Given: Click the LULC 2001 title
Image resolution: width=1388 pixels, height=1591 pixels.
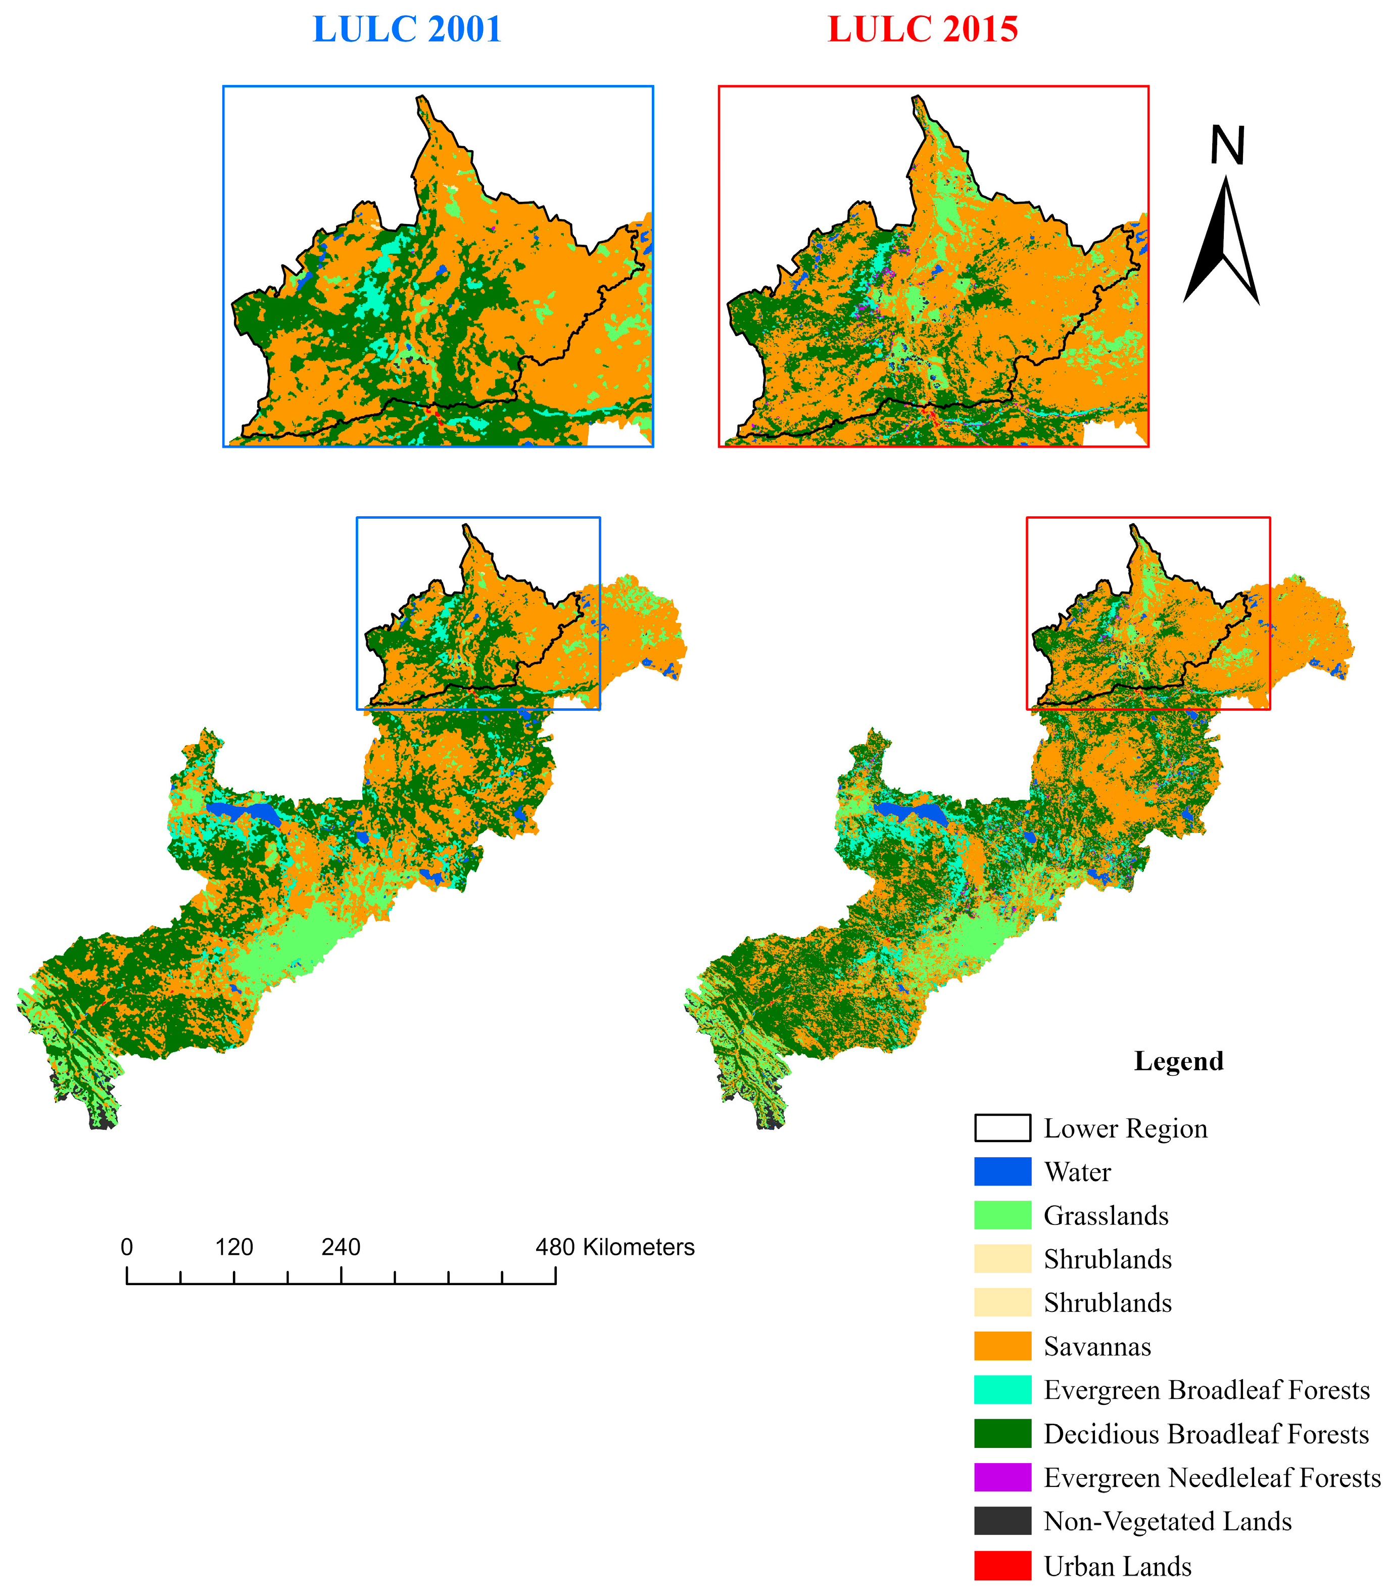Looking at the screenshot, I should click(x=407, y=29).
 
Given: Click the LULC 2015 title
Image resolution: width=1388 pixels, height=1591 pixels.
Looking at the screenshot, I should click(x=923, y=29).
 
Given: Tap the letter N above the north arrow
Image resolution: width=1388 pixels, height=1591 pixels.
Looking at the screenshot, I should click(x=1227, y=145).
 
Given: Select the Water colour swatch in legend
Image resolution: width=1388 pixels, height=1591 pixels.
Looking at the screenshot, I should click(x=1002, y=1172).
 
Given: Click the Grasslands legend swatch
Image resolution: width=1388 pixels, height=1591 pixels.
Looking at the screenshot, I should click(x=1002, y=1215).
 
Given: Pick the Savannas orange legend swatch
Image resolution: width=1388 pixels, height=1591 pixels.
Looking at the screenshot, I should click(x=1002, y=1346).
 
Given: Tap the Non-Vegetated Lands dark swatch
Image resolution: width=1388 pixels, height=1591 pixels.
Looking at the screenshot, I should click(x=1002, y=1521).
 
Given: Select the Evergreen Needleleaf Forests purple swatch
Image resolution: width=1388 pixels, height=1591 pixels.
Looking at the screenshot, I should click(x=1002, y=1478).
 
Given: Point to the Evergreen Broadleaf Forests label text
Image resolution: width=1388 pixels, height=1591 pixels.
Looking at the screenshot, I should click(x=1206, y=1390).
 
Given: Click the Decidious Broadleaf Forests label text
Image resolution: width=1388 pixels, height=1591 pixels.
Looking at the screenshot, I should click(x=1206, y=1434).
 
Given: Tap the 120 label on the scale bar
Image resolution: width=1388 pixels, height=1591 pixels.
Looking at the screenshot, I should click(x=234, y=1247).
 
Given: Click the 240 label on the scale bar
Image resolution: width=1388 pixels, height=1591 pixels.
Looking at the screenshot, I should click(x=341, y=1247).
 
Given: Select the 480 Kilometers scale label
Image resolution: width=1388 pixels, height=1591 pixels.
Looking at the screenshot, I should click(x=615, y=1247).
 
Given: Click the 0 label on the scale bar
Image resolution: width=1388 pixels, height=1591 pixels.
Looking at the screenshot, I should click(x=127, y=1247).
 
